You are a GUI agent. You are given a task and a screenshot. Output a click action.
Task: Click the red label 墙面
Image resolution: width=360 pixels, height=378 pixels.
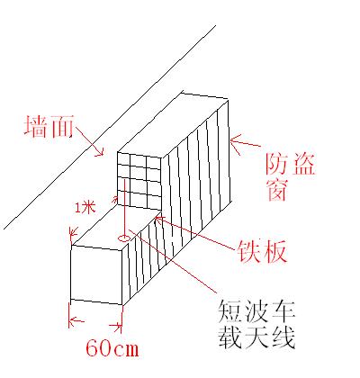49,126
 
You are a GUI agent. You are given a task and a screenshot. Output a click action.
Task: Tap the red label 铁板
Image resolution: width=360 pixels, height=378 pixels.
262,252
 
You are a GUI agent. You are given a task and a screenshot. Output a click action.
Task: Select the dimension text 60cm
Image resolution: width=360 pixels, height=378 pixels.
112,348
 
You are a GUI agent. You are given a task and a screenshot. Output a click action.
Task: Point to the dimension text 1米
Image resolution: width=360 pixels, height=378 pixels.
85,208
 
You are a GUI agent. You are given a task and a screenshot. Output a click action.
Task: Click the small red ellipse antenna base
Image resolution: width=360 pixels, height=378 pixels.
123,238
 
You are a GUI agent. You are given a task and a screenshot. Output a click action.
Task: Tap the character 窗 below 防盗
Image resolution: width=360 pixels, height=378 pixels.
277,190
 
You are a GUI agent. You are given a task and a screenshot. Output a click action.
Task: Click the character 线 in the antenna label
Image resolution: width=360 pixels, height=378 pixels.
283,337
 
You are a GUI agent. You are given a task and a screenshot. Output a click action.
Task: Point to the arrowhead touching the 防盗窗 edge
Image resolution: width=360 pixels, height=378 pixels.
237,142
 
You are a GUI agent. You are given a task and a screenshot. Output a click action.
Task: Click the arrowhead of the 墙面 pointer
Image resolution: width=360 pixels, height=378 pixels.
99,152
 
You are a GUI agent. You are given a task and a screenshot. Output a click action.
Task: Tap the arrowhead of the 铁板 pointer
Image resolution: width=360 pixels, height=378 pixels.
159,220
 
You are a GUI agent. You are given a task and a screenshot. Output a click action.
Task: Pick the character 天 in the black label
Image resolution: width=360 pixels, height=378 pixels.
256,337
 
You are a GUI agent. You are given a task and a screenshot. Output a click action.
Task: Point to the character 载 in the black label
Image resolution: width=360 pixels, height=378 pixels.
230,337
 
